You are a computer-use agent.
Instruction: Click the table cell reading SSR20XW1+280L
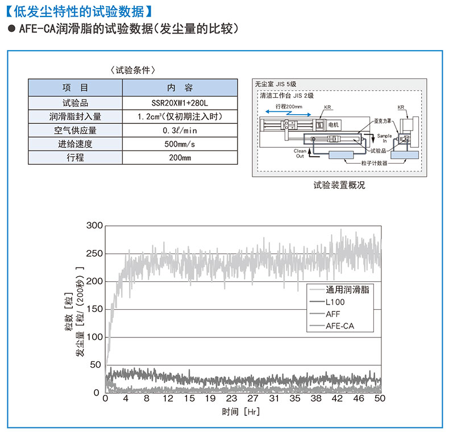pos(180,103)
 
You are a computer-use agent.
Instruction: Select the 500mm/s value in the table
pos(180,144)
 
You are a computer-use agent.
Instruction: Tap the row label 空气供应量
pos(75,130)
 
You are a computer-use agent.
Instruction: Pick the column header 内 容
pos(180,88)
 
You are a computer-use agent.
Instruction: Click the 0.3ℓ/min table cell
pos(180,130)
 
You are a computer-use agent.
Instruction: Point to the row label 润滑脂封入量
pos(75,116)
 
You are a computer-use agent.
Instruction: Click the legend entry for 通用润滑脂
pos(348,289)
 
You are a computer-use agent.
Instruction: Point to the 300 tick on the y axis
pos(94,226)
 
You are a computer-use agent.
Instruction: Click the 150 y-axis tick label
pos(94,309)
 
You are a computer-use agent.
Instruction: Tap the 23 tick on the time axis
pos(231,399)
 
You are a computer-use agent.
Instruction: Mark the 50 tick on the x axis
pos(380,399)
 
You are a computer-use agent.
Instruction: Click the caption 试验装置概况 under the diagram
pos(339,185)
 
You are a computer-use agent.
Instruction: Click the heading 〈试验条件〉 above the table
pos(132,70)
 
